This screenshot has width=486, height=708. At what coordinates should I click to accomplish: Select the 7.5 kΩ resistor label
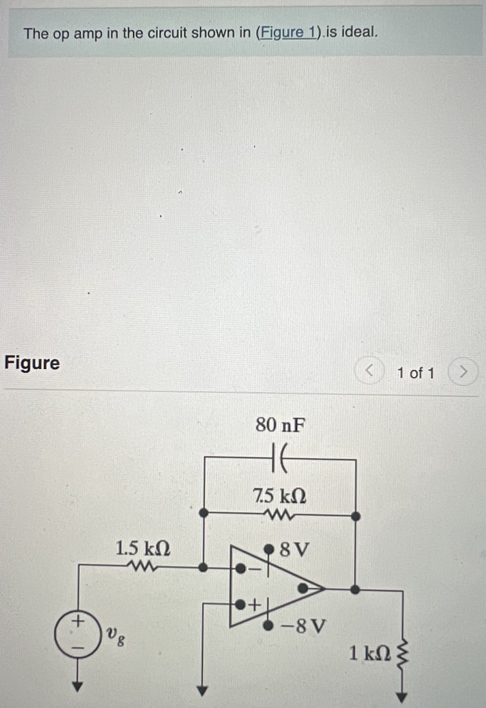point(280,496)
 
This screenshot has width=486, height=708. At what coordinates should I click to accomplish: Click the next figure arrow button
point(463,372)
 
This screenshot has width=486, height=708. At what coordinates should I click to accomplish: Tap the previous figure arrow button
point(369,371)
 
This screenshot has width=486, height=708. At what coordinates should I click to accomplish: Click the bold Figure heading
point(32,363)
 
